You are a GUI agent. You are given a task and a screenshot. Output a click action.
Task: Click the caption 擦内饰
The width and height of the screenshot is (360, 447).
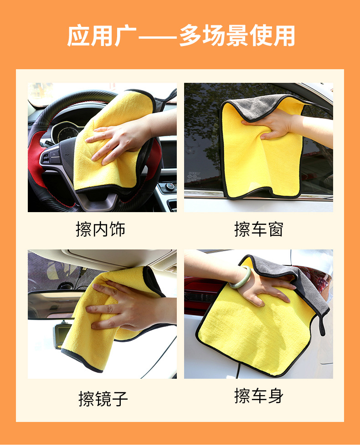click(x=101, y=229)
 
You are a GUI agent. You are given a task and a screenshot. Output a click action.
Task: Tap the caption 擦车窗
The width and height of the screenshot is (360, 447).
click(x=259, y=229)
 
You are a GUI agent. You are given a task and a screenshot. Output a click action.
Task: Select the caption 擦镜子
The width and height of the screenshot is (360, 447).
click(x=103, y=399)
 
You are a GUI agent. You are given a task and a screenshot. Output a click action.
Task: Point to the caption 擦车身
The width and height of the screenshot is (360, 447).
click(x=259, y=396)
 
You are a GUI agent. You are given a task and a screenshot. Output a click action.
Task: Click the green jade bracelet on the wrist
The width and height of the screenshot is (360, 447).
click(x=240, y=277)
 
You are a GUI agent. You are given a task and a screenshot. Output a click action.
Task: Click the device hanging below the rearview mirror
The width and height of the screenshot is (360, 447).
click(x=62, y=334)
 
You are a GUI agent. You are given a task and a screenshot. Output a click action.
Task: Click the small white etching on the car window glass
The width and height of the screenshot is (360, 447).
click(x=194, y=177)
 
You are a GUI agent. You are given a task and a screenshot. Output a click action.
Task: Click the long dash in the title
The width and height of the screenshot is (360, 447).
click(x=158, y=37)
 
